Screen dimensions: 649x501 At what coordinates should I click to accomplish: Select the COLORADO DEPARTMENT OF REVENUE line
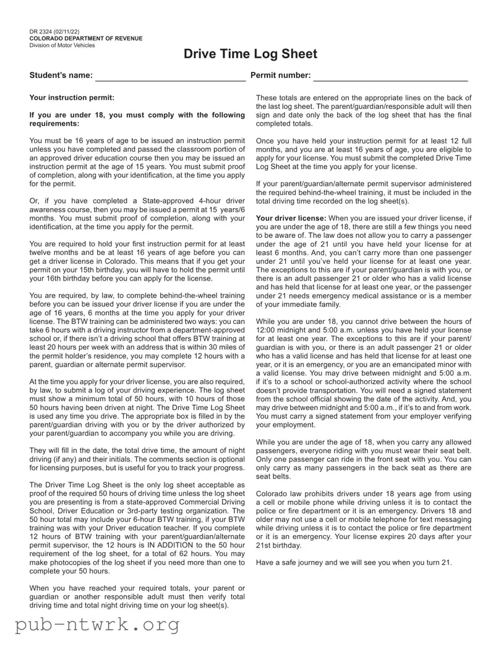click(85, 38)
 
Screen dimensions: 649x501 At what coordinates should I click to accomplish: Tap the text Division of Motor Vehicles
click(62, 45)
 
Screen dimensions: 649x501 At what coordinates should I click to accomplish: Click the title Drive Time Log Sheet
click(250, 54)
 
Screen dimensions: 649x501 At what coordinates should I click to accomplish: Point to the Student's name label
click(61, 76)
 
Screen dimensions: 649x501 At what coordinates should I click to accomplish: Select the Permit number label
click(280, 76)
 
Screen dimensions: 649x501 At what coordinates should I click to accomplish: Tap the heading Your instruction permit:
click(72, 97)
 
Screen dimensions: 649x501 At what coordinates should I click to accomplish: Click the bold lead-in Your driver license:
click(291, 219)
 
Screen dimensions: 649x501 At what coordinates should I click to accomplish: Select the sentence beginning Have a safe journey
click(354, 562)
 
